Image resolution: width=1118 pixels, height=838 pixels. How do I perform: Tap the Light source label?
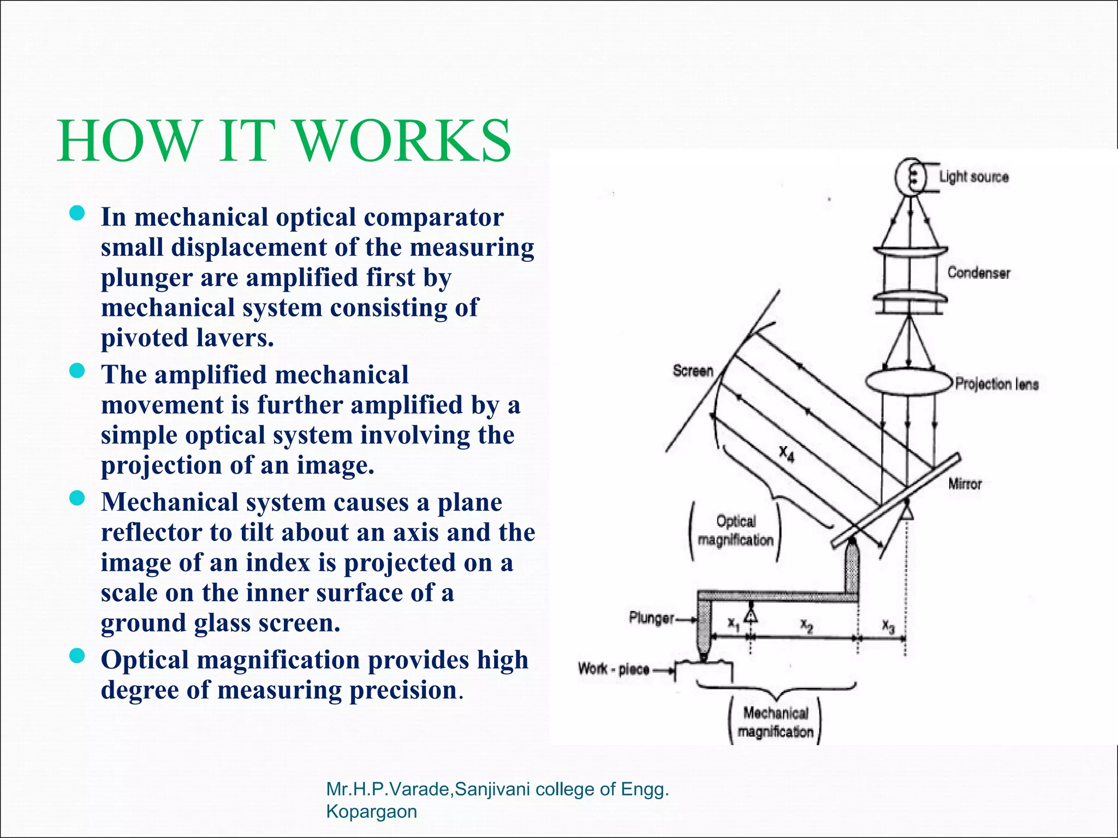[x=973, y=177]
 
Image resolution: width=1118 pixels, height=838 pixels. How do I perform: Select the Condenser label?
[x=978, y=273]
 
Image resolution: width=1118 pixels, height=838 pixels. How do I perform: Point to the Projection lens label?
[x=996, y=384]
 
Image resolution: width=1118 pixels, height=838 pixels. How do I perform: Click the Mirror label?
[x=965, y=484]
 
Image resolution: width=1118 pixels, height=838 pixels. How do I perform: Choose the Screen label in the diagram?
[x=693, y=371]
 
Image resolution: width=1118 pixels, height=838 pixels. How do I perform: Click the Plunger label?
[x=651, y=618]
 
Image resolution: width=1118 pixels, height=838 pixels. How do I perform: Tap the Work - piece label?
[x=614, y=669]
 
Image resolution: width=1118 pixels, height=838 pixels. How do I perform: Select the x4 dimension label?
[x=786, y=452]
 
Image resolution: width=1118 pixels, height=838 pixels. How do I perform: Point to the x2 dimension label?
[x=806, y=625]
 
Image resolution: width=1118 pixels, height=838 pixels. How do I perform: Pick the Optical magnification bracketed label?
[x=735, y=531]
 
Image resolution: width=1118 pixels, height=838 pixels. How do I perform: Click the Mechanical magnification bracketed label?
[x=775, y=722]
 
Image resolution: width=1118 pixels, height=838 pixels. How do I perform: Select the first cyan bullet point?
[x=78, y=214]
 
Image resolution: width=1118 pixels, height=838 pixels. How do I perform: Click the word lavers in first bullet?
[x=233, y=338]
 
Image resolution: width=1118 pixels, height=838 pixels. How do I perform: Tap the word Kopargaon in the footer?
[x=371, y=811]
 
